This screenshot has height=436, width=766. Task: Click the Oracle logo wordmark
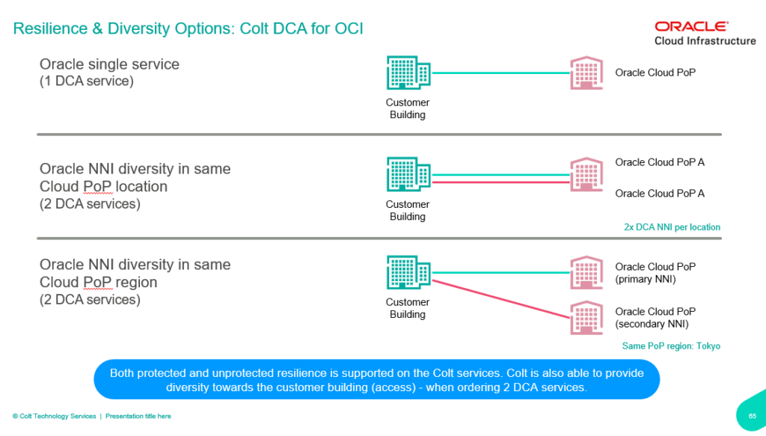coord(691,26)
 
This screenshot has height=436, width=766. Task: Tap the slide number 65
coord(753,416)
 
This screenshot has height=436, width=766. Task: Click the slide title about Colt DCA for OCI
coord(188,28)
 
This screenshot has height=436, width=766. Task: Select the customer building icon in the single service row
coord(408,73)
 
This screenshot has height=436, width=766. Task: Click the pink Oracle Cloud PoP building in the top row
coord(586,73)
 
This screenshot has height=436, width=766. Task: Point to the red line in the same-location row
coord(500,182)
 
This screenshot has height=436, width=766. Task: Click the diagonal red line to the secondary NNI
coord(501,299)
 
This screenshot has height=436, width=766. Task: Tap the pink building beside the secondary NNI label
coord(586,317)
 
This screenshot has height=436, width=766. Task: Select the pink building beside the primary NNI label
coord(586,272)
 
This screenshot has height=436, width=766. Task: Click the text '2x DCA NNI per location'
coord(672,227)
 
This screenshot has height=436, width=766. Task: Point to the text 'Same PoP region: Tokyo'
coord(671,346)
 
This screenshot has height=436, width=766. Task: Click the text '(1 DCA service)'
coord(87,81)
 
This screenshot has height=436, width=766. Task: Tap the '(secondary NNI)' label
coord(652,324)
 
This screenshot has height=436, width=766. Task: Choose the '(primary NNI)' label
coord(646,279)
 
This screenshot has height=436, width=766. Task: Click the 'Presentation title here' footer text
coord(138,416)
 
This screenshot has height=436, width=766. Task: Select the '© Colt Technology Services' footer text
coord(54,416)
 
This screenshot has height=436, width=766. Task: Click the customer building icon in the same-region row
coord(408,272)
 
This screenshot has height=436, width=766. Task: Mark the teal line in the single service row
coord(500,73)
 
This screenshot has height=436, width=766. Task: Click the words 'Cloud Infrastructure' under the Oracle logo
coord(705,41)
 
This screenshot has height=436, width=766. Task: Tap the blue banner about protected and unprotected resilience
coord(377,379)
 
